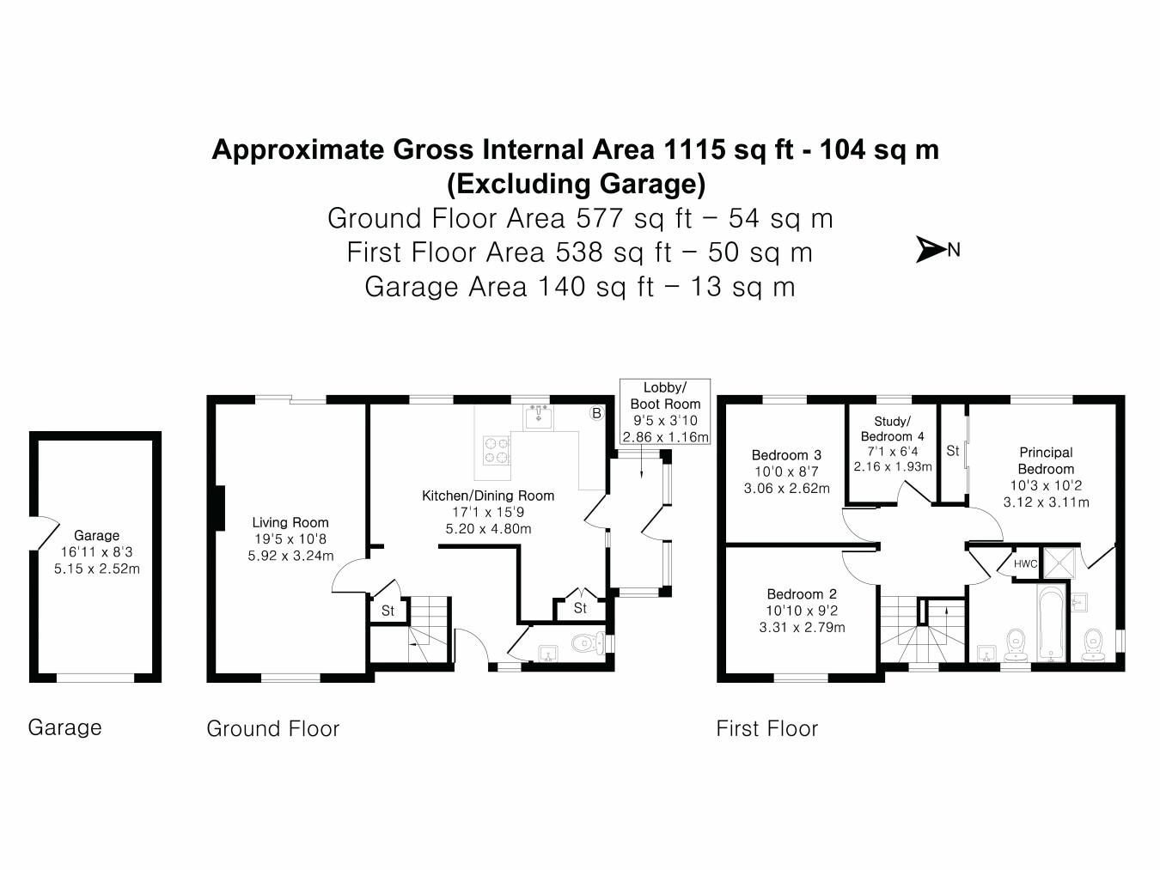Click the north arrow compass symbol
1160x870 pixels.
[x=931, y=249]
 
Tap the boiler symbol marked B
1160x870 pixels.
[x=596, y=413]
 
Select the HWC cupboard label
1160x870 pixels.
[x=1025, y=563]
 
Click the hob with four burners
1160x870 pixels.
[x=497, y=449]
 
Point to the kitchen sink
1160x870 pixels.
[x=539, y=417]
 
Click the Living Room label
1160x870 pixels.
[x=290, y=522]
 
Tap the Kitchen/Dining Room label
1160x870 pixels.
[x=488, y=496]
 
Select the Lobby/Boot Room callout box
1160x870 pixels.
[x=665, y=412]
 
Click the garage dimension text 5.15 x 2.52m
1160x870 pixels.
[x=97, y=569]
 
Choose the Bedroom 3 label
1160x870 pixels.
[x=786, y=455]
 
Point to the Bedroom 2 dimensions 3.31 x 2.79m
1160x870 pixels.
[x=802, y=628]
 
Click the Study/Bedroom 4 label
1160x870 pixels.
[x=892, y=429]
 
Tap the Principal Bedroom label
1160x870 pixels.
[x=1046, y=460]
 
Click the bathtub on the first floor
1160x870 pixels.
[x=1053, y=623]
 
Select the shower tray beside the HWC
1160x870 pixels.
[x=1059, y=563]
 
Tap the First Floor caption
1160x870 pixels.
[x=766, y=728]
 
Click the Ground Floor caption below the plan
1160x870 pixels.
[x=272, y=728]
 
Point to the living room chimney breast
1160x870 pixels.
[x=219, y=508]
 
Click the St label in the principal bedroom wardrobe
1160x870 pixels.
[x=952, y=451]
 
